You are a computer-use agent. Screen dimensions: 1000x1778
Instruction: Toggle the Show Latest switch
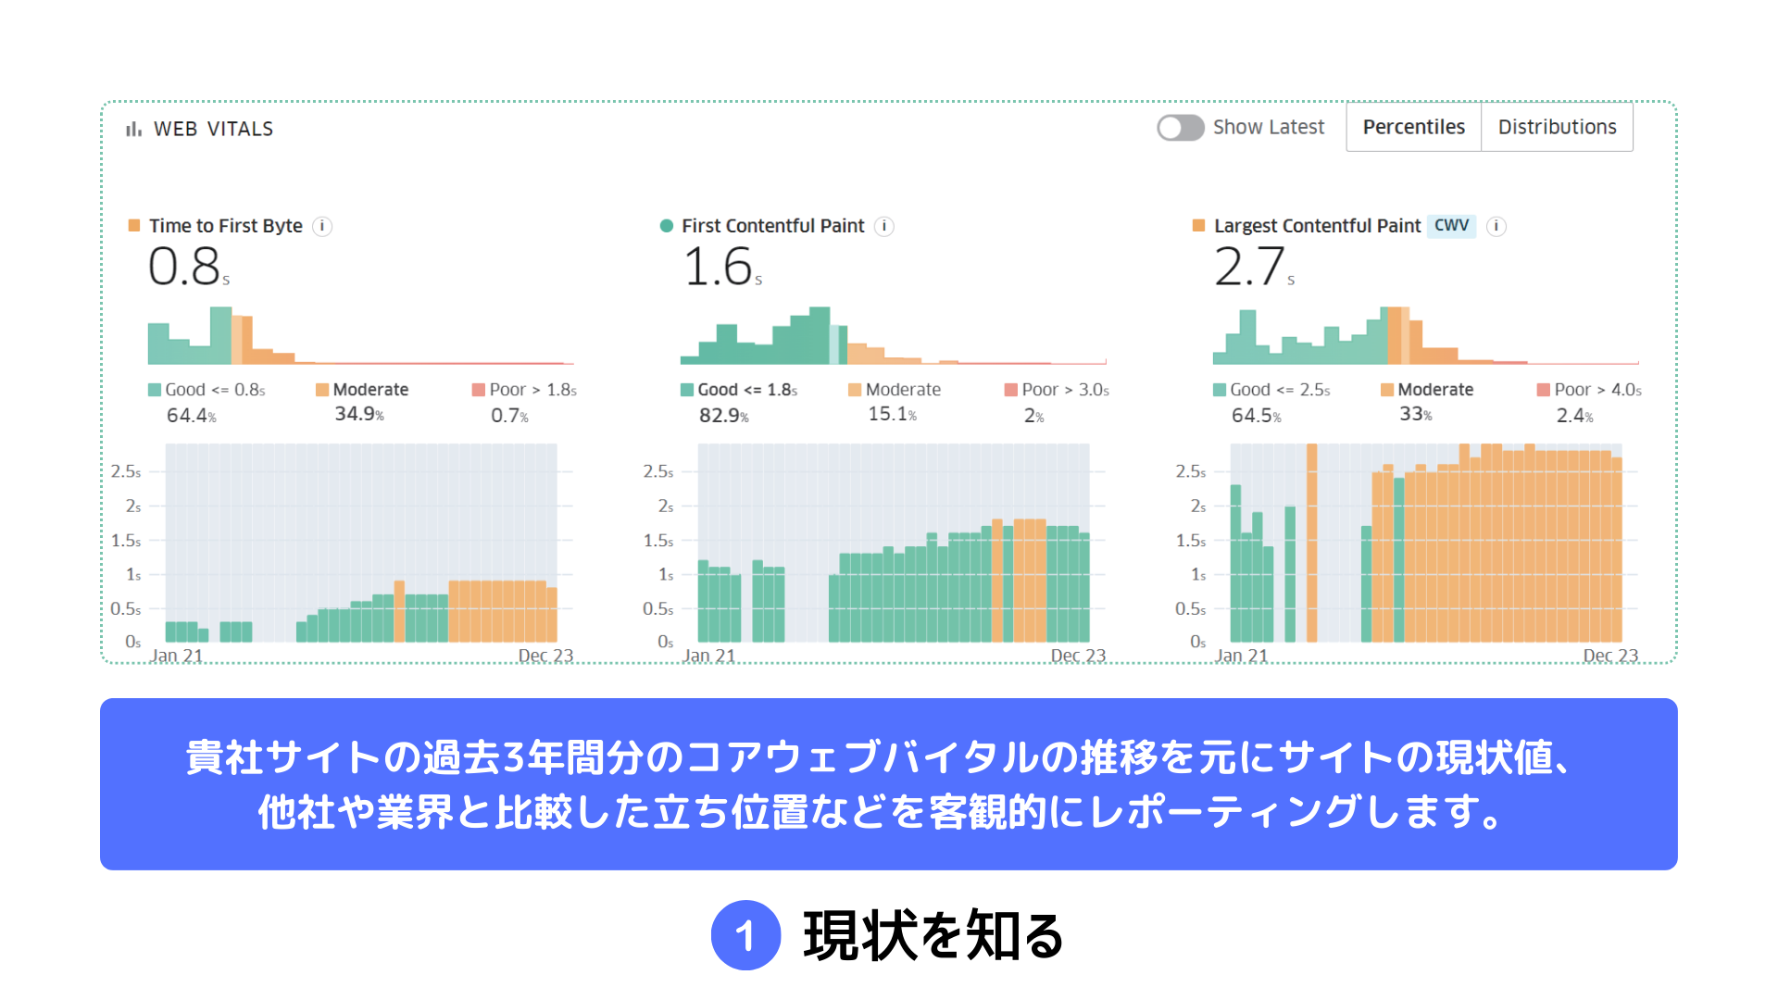click(1180, 128)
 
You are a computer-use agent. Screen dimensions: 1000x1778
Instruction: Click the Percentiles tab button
click(1413, 127)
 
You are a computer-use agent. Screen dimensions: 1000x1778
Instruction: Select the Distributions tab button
click(1557, 127)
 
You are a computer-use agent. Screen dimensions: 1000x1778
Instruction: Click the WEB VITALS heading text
click(213, 129)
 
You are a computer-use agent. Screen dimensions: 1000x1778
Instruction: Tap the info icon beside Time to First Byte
click(322, 226)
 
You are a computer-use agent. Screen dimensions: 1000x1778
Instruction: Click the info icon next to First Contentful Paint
click(884, 226)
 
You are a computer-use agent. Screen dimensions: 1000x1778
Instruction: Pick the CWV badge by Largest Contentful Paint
click(1451, 225)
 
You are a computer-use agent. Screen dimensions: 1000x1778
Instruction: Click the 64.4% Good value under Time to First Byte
click(191, 416)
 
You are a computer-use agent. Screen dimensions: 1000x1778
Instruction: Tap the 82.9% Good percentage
click(723, 416)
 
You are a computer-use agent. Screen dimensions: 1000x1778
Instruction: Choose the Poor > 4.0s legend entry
click(1589, 390)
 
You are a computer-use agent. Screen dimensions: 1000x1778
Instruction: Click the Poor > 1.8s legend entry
click(524, 390)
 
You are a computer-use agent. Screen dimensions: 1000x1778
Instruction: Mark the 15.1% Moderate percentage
click(892, 414)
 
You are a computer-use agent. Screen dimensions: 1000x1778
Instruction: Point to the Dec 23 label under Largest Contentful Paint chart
click(1610, 656)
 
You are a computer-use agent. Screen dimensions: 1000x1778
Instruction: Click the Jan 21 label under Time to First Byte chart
click(176, 656)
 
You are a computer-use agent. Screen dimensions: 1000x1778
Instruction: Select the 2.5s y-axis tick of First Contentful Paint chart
click(657, 471)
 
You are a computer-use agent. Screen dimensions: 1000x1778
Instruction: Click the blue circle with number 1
click(745, 935)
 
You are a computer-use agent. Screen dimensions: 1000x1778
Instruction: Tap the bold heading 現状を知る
click(933, 935)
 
